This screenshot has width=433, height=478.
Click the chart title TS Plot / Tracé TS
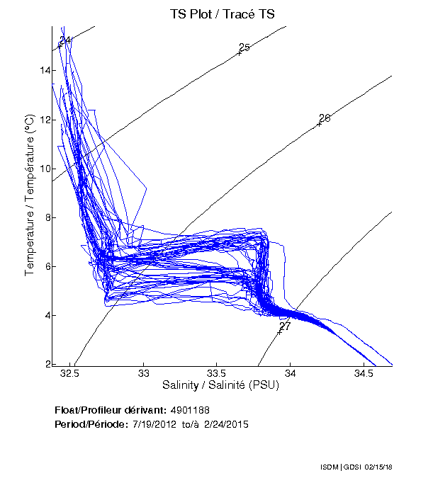pos(222,13)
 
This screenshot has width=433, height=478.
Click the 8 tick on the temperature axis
pos(45,217)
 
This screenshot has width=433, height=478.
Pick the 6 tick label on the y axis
pos(45,266)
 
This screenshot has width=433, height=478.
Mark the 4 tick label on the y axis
pos(45,315)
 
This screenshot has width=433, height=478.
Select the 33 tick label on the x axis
pos(144,372)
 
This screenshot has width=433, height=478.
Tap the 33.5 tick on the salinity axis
pos(217,372)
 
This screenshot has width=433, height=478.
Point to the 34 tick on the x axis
pos(291,372)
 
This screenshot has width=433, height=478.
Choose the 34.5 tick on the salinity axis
pos(364,372)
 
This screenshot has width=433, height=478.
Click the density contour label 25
pos(244,47)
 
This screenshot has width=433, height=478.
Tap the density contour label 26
pos(325,118)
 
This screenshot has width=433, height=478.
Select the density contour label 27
pos(285,326)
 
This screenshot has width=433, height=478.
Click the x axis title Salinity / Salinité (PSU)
pos(221,386)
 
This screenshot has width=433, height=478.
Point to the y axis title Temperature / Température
pos(30,196)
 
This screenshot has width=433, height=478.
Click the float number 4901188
pos(190,411)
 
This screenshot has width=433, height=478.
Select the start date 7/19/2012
pos(151,424)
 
